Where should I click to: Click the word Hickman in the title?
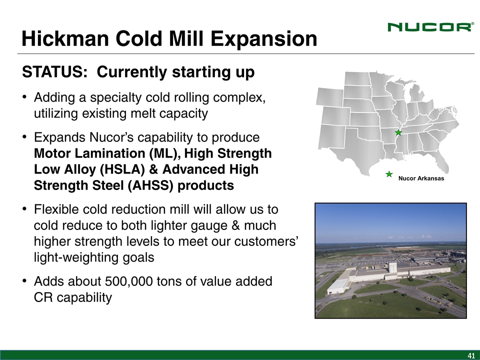point(65,39)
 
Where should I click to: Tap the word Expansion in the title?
point(264,39)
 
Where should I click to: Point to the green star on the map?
point(398,132)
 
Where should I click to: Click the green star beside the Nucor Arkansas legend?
point(389,174)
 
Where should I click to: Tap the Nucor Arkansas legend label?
point(421,178)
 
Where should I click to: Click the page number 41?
point(471,355)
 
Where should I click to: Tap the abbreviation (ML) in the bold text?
point(164,153)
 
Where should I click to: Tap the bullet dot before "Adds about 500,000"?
point(24,281)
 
